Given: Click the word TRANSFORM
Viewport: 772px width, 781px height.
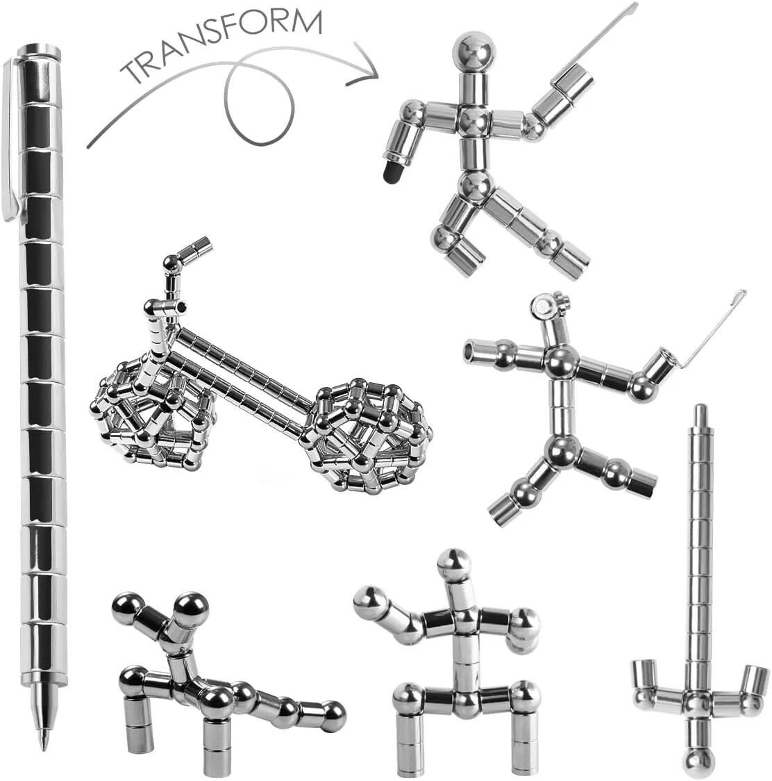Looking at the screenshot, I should pyautogui.click(x=221, y=43).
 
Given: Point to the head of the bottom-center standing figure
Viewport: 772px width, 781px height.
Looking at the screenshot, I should pyautogui.click(x=454, y=565).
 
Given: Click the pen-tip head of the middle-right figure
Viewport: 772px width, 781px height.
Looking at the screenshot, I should pyautogui.click(x=548, y=305).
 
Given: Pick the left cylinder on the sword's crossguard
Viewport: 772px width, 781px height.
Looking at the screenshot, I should pyautogui.click(x=644, y=678).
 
